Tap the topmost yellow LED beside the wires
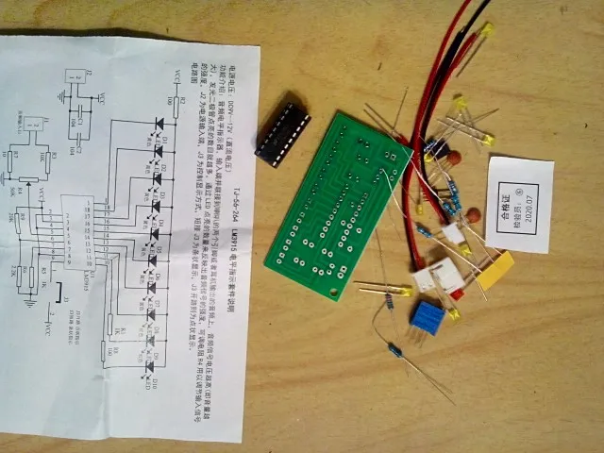click(x=485, y=31)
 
